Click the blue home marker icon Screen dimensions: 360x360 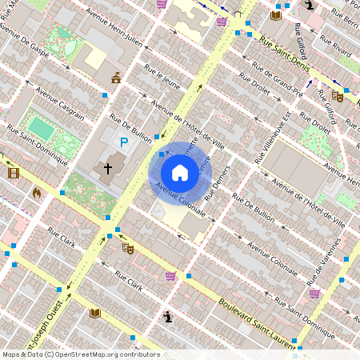pyautogui.click(x=180, y=173)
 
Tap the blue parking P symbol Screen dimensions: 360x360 pyautogui.click(x=124, y=142)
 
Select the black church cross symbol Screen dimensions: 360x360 pyautogui.click(x=108, y=169)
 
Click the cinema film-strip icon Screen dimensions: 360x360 pyautogui.click(x=13, y=172)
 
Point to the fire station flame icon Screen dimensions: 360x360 pyautogui.click(x=37, y=192)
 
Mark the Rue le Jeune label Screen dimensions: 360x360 pyautogui.click(x=162, y=81)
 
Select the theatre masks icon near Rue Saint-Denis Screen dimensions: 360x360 pyautogui.click(x=338, y=97)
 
